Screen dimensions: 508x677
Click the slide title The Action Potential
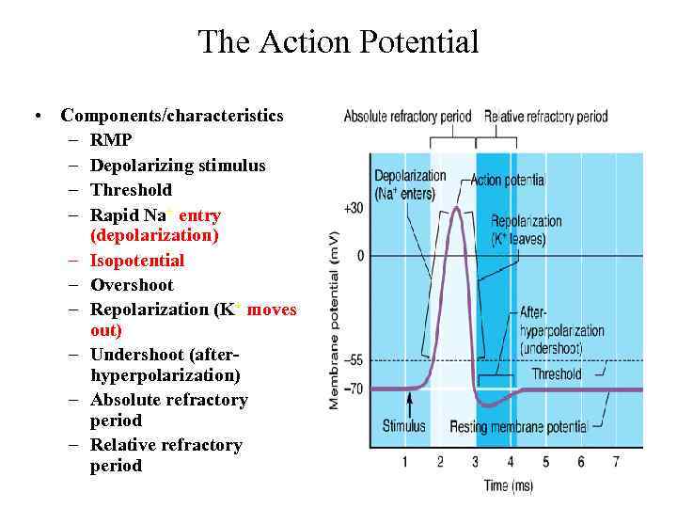[338, 42]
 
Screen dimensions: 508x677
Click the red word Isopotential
[137, 261]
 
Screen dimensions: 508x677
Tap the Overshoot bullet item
[132, 285]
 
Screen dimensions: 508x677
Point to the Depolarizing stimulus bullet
[178, 166]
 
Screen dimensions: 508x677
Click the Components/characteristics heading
[171, 116]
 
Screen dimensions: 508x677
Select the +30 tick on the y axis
[354, 207]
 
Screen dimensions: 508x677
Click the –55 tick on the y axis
[354, 360]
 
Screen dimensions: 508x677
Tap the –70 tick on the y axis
[354, 389]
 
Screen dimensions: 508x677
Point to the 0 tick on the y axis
[360, 256]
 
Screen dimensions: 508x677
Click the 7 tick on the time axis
[616, 462]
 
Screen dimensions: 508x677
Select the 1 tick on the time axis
[405, 462]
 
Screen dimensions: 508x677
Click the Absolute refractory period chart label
[407, 118]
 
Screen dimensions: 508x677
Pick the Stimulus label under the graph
[403, 426]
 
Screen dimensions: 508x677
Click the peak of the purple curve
[456, 208]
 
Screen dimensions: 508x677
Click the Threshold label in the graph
[557, 373]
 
